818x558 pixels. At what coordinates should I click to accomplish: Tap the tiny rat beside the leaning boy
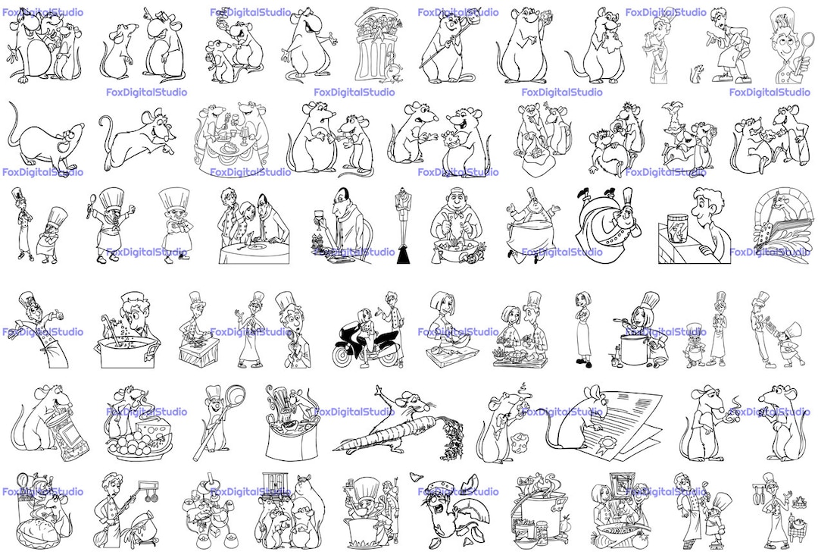[695, 74]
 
